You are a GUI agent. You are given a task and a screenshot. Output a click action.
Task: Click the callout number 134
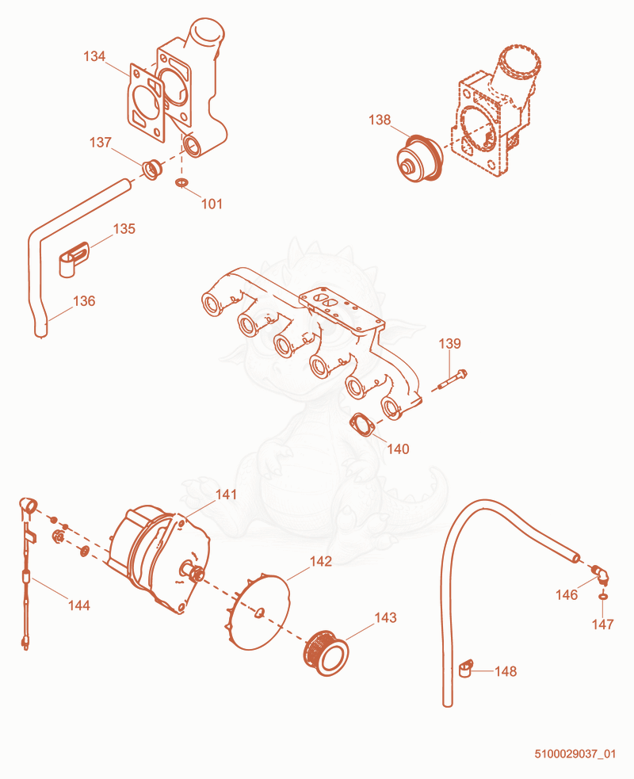94,56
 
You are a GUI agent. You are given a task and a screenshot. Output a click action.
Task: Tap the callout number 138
380,120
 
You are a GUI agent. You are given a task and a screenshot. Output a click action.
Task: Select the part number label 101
212,204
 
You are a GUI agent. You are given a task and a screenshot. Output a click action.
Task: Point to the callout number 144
79,605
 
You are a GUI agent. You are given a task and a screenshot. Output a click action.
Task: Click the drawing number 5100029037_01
575,754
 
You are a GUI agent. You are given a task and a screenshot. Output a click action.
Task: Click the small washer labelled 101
181,183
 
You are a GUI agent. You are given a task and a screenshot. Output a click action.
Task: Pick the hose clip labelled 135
74,259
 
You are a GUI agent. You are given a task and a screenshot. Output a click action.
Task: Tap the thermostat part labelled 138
420,158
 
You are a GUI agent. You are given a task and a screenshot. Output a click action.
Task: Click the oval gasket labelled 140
362,426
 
